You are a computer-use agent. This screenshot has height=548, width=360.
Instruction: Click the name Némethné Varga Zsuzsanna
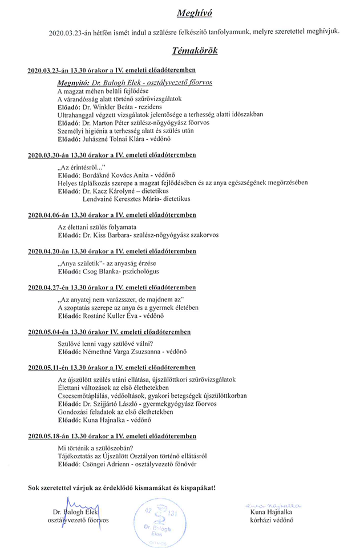(123, 352)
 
